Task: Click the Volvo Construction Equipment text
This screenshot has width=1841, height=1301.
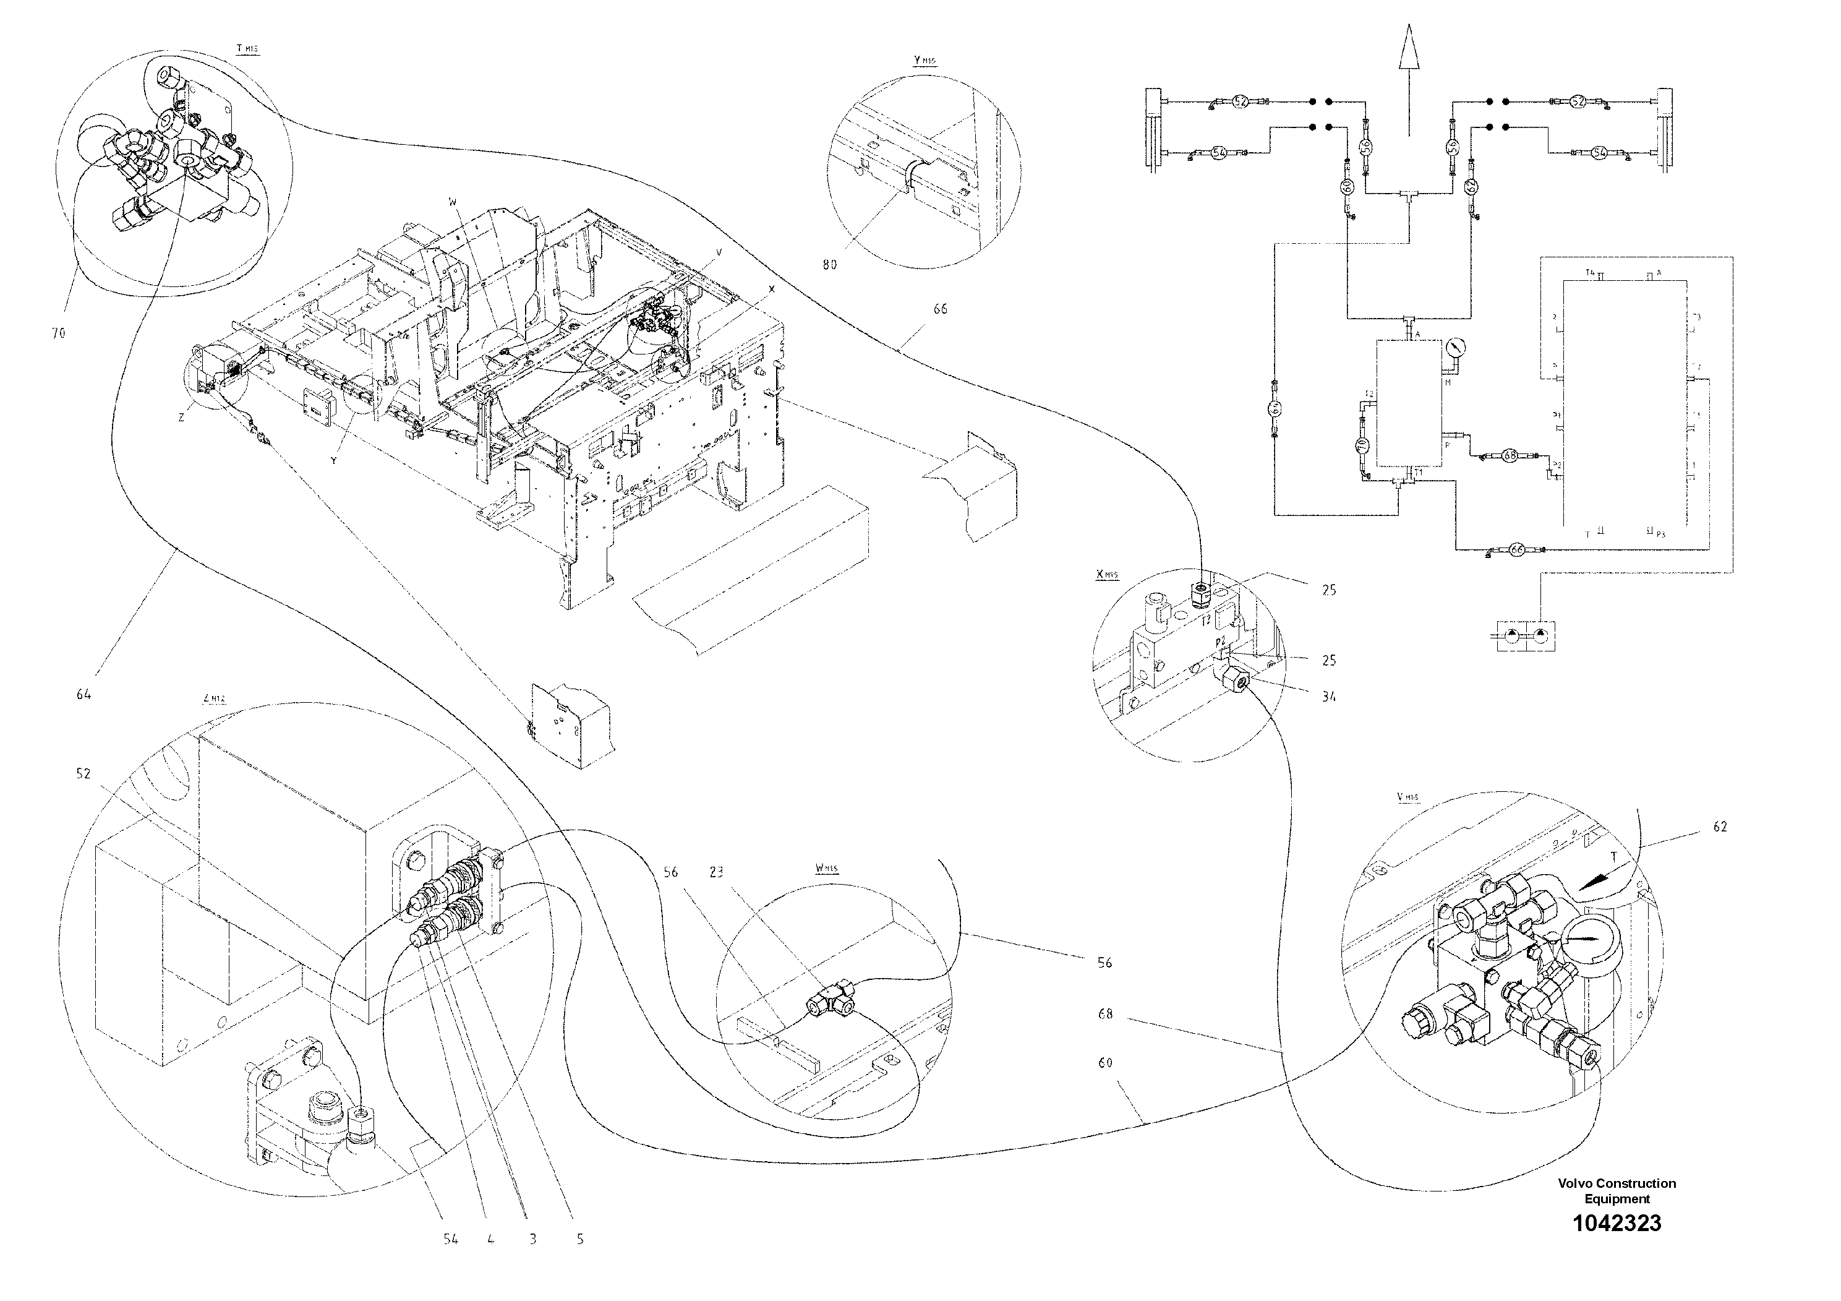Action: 1617,1191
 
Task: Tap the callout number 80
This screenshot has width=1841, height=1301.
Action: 829,265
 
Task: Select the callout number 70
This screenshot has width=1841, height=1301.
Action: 58,333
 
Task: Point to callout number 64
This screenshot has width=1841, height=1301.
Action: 83,695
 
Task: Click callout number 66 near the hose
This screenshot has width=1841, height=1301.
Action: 940,309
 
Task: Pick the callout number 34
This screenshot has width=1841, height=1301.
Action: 1328,697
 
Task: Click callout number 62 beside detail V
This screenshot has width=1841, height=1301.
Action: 1719,827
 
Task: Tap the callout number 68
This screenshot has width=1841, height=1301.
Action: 1105,1015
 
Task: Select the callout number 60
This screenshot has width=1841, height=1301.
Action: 1105,1063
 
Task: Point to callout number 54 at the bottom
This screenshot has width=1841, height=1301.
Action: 451,1239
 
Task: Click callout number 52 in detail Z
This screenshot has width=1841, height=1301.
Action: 83,774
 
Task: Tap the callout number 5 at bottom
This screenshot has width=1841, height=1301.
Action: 579,1239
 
